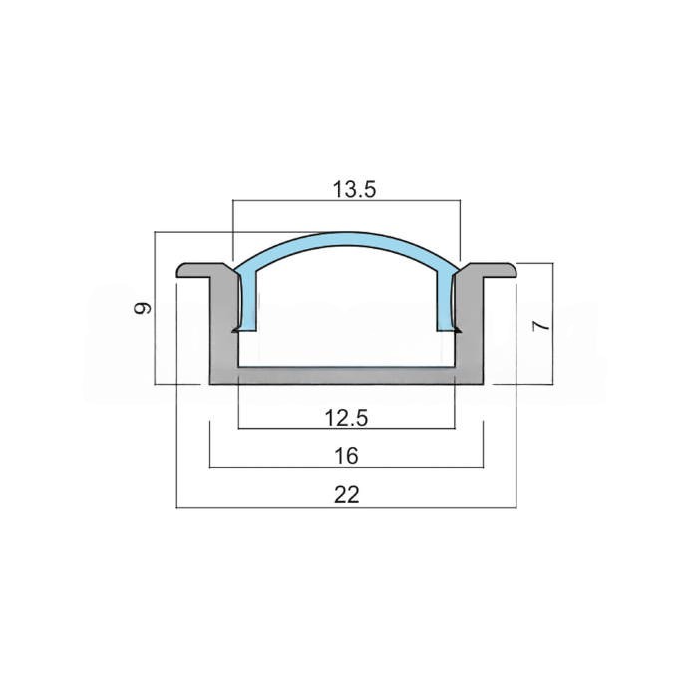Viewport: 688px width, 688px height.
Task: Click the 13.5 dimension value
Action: click(x=354, y=190)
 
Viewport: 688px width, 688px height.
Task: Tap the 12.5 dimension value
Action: click(x=346, y=418)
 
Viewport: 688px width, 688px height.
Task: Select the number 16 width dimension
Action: click(x=347, y=456)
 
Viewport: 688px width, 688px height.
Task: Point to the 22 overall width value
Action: click(x=347, y=495)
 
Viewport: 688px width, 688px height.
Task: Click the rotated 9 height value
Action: click(x=143, y=308)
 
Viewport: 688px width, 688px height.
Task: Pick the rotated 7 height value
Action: click(x=540, y=326)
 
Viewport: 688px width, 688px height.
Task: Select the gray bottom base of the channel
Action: click(x=347, y=376)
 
